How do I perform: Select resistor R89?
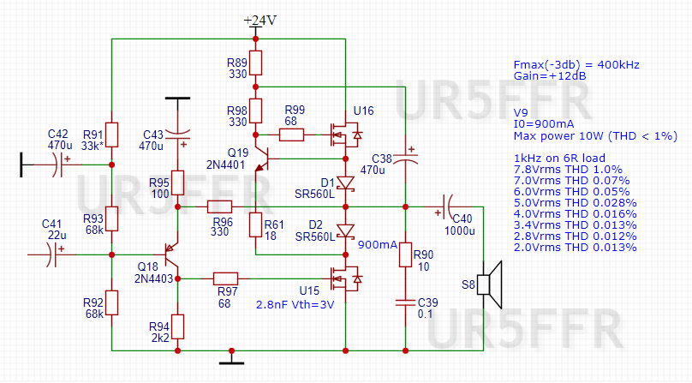pyautogui.click(x=255, y=63)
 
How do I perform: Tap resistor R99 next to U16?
pyautogui.click(x=294, y=135)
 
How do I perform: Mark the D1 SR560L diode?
pyautogui.click(x=344, y=183)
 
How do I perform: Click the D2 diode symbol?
pyautogui.click(x=344, y=230)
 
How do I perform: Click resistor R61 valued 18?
pyautogui.click(x=255, y=225)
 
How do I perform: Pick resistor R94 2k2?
pyautogui.click(x=176, y=326)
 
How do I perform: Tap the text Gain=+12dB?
pyautogui.click(x=550, y=76)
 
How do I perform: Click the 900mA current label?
pyautogui.click(x=377, y=246)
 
